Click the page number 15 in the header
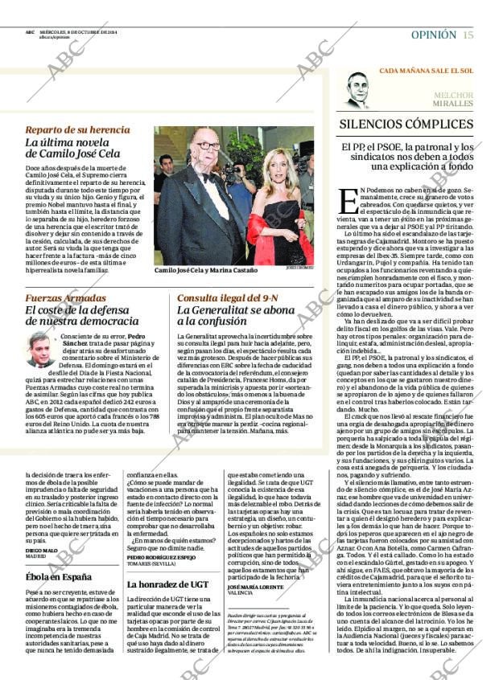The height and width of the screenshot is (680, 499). point(468,35)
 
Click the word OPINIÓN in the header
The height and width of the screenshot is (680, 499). point(433,35)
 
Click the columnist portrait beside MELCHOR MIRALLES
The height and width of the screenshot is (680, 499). point(357,90)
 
